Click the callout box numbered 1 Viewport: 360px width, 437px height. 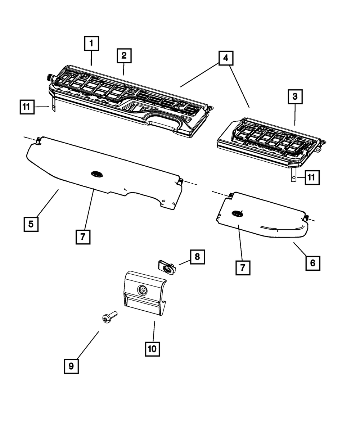click(91, 44)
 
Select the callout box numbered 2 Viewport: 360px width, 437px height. click(124, 55)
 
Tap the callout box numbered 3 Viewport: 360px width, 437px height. click(295, 96)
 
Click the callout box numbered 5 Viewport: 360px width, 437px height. click(31, 224)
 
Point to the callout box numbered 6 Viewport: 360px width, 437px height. click(312, 263)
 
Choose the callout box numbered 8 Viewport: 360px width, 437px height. click(197, 257)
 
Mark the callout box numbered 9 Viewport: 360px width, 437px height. click(71, 366)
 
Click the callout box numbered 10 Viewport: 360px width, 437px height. click(152, 348)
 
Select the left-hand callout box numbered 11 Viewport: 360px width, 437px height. click(26, 107)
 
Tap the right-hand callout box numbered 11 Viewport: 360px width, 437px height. click(312, 177)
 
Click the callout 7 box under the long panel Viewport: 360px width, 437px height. click(83, 237)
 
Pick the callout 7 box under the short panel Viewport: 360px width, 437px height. click(243, 268)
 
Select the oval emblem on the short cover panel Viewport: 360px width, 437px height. click(237, 213)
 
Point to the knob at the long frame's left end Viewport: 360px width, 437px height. click(48, 77)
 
